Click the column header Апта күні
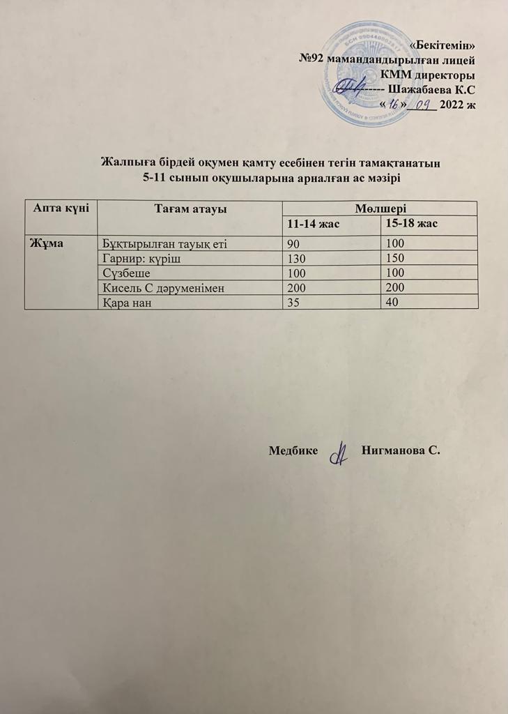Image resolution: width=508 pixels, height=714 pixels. coord(61,208)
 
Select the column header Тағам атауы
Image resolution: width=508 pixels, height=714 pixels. coord(190,208)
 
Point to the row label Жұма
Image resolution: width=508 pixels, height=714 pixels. coord(42,243)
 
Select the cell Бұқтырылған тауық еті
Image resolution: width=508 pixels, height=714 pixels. coord(164,244)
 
